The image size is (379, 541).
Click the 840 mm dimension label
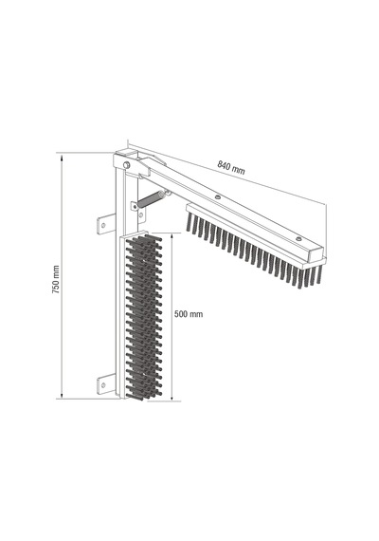pos(231,167)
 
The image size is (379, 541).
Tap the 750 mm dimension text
pos(56,279)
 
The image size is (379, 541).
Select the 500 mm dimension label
pos(189,314)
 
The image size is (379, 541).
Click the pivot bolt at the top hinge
pos(127,165)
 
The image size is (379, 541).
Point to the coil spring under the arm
pos(151,198)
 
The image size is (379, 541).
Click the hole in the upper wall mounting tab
pos(102,225)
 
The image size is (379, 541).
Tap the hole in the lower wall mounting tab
pos(102,384)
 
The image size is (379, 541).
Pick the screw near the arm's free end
pos(298,238)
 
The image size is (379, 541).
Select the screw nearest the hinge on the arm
pos(217,196)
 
